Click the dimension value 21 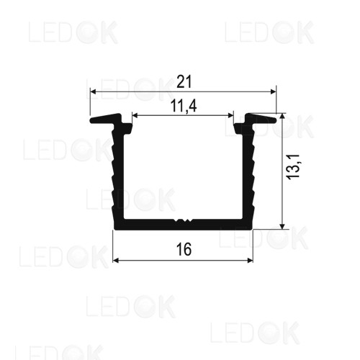click(184, 81)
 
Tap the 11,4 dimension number click(184, 106)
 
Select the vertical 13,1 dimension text click(294, 166)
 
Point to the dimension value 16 click(184, 249)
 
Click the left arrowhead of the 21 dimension click(93, 91)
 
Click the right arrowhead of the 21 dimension click(274, 91)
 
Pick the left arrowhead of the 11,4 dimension click(135, 116)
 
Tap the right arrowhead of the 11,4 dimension click(230, 116)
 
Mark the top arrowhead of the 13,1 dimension click(282, 117)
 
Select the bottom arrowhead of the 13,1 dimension click(282, 226)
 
